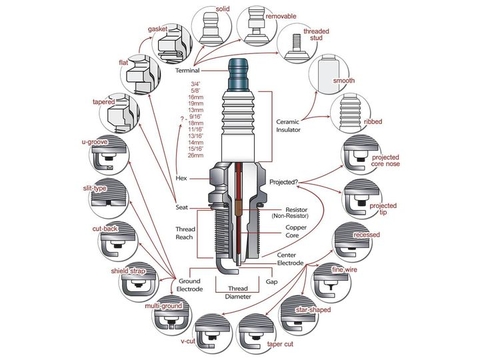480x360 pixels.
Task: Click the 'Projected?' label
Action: pyautogui.click(x=288, y=181)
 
